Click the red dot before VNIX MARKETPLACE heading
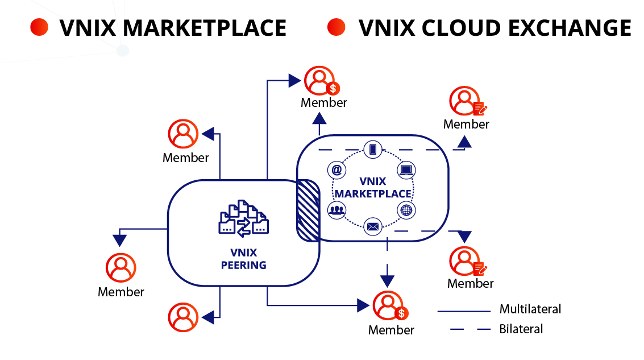[39, 27]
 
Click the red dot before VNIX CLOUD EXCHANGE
[336, 27]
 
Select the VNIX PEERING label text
[243, 259]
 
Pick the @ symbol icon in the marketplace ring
[337, 169]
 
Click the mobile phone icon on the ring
[373, 150]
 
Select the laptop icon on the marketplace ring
[405, 169]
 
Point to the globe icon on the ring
[405, 210]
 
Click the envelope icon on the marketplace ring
[373, 227]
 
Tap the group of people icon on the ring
[337, 210]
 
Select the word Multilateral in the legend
[530, 309]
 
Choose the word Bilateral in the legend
[521, 329]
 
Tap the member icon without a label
[183, 317]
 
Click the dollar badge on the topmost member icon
[333, 88]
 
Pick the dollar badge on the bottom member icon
[401, 313]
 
